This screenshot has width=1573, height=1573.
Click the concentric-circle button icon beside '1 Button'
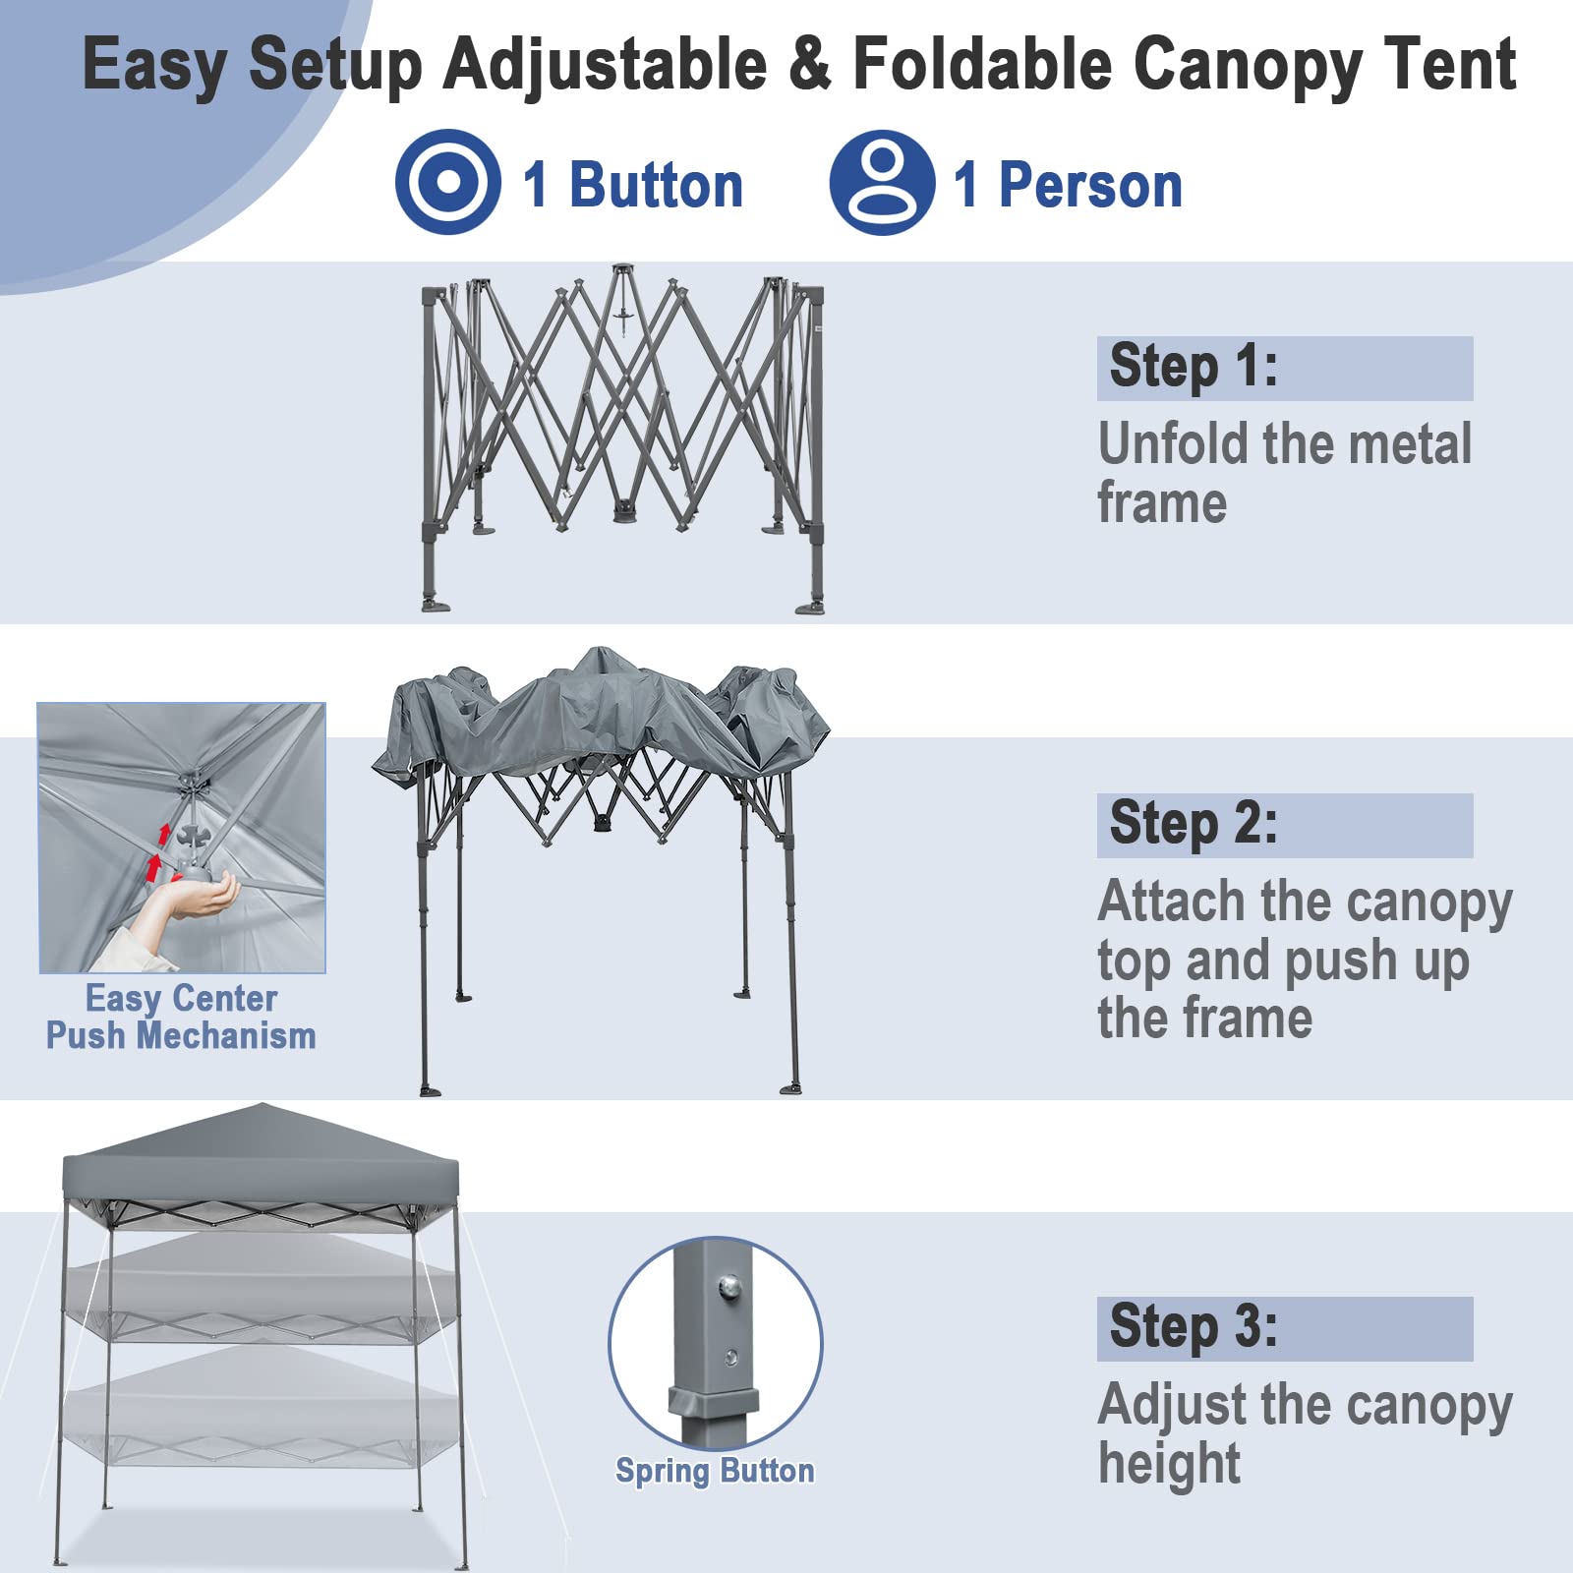pyautogui.click(x=447, y=182)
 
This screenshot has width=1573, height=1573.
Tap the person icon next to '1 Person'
pyautogui.click(x=881, y=182)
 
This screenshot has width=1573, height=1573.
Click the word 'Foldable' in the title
pyautogui.click(x=981, y=65)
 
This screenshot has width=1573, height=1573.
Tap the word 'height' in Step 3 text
pyautogui.click(x=1169, y=1463)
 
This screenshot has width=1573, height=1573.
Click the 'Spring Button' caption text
pyautogui.click(x=715, y=1471)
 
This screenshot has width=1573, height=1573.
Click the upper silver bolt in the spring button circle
pyautogui.click(x=728, y=1285)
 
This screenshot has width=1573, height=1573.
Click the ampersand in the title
pyautogui.click(x=810, y=65)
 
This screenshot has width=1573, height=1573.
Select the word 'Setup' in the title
pyautogui.click(x=335, y=65)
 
